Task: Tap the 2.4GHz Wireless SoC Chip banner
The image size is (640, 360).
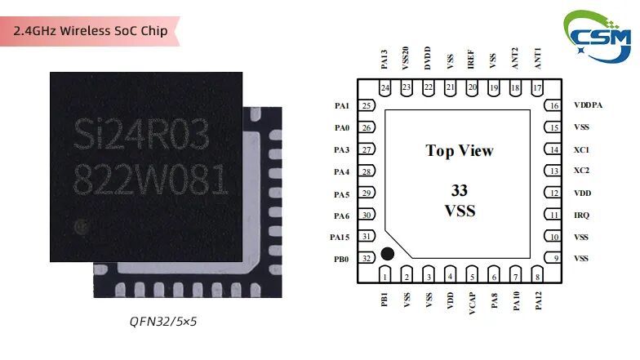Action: tap(91, 31)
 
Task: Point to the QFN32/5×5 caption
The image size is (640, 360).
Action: tap(163, 321)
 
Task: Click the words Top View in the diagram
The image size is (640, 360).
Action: tap(460, 151)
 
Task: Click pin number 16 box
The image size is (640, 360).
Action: tap(554, 105)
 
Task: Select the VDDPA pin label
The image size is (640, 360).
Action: tap(588, 105)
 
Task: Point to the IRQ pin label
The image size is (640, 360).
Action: tap(581, 216)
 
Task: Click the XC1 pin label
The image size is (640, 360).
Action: tap(581, 150)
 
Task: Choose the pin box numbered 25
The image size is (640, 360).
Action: tap(367, 105)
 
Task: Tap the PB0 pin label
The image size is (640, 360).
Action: tap(340, 259)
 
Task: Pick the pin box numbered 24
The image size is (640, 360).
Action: tap(384, 87)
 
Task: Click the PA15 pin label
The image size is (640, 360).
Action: tap(340, 237)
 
